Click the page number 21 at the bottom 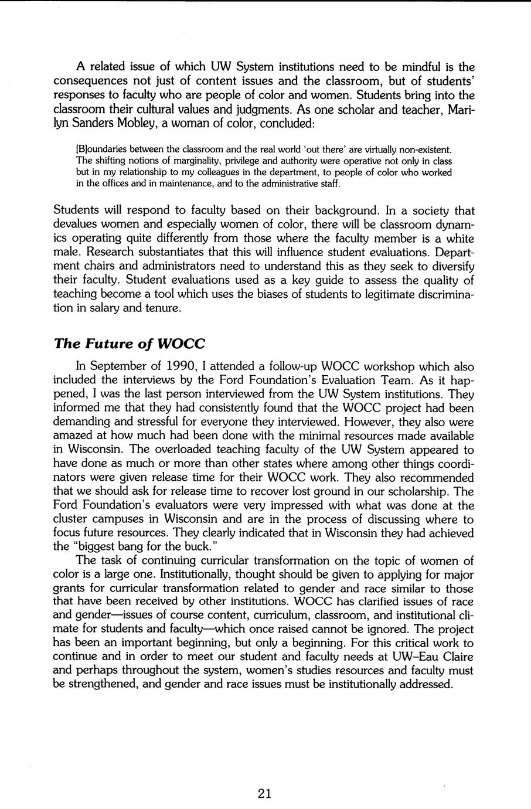pyautogui.click(x=264, y=794)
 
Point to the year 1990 pyautogui.click(x=178, y=367)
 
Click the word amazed pyautogui.click(x=73, y=436)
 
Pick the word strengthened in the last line pyautogui.click(x=98, y=684)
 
